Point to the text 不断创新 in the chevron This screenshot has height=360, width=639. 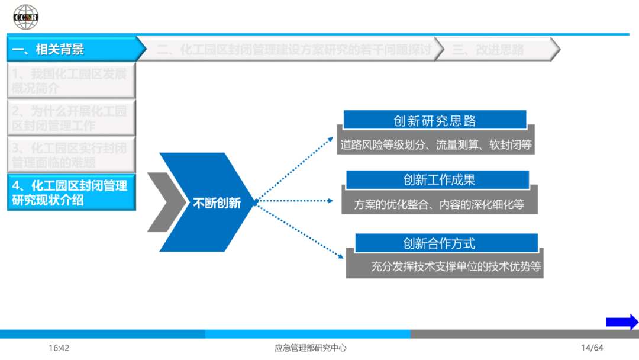[217, 203]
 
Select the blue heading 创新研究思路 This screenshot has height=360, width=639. [435, 121]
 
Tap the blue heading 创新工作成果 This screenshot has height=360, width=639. [438, 180]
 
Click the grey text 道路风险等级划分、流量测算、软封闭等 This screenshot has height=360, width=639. [435, 144]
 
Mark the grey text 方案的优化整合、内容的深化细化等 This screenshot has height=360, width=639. [439, 204]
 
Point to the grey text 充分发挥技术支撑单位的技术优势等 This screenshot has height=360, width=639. [456, 266]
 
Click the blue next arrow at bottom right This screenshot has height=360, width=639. [622, 322]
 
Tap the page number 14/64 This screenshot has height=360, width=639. [592, 348]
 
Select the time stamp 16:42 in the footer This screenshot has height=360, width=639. [59, 348]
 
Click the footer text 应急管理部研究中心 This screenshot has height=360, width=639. [311, 348]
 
